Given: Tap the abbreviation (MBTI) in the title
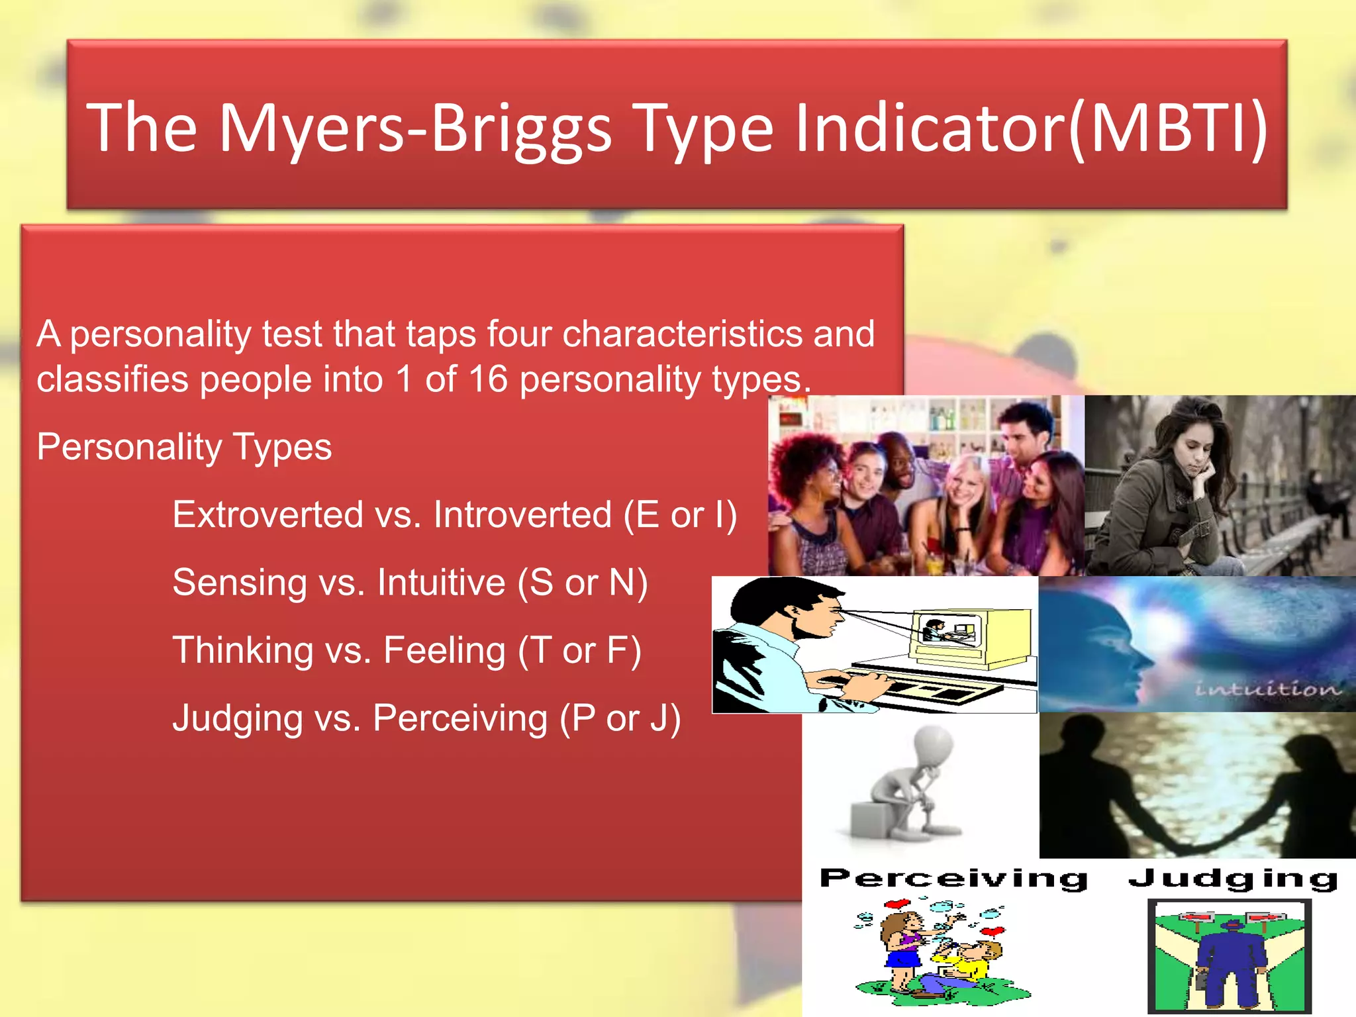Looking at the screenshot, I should point(1169,128).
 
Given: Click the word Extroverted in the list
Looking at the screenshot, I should point(267,515).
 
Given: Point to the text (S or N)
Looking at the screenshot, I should point(583,583).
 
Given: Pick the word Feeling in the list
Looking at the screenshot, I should point(444,650).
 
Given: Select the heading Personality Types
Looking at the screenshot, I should point(184,447).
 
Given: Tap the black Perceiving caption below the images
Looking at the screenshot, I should point(953,879).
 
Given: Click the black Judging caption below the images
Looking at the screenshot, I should point(1233,879).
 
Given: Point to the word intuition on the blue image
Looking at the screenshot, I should point(1268,689).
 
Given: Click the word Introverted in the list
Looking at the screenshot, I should point(522,515).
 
